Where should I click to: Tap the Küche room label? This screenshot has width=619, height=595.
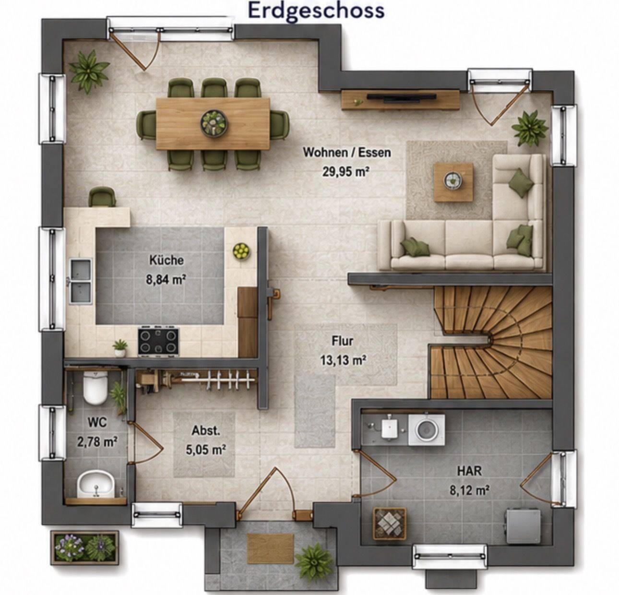(167, 260)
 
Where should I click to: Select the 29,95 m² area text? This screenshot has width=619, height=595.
(346, 172)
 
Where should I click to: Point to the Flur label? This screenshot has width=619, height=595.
(342, 341)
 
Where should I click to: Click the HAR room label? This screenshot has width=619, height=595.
(469, 471)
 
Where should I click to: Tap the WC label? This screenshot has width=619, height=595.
(97, 422)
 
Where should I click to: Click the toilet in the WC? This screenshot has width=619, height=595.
(95, 388)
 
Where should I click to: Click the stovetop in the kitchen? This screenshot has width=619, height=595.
(158, 341)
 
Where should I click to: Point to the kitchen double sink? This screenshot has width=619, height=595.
(81, 281)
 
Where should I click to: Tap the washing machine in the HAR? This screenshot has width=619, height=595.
(426, 429)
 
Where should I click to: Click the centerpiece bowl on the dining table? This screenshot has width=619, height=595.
(214, 123)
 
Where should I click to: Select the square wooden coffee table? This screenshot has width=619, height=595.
(453, 182)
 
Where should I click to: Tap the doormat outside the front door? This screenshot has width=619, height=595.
(270, 547)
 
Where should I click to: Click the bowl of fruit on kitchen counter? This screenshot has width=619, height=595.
(241, 251)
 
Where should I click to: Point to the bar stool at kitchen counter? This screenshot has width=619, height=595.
(102, 197)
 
